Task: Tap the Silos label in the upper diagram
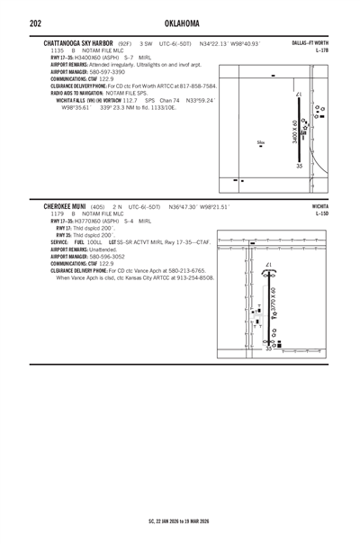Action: coord(260,142)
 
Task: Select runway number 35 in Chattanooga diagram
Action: coord(300,166)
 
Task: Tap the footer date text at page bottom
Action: coord(179,520)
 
